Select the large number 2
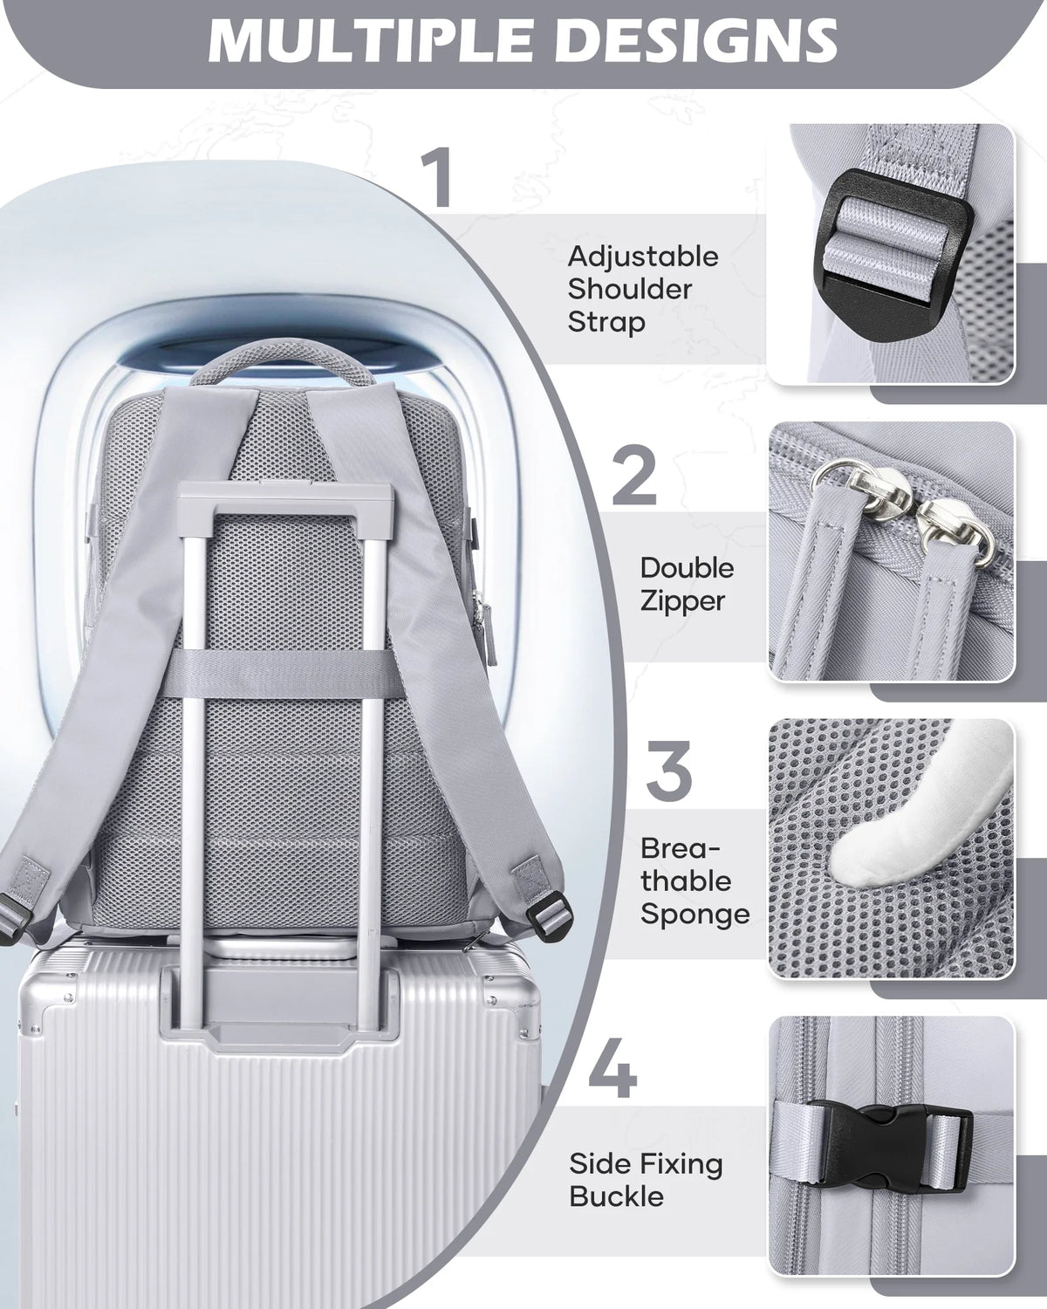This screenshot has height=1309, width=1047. click(633, 476)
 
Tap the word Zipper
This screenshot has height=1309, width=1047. click(682, 601)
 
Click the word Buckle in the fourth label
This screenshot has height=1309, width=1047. click(616, 1196)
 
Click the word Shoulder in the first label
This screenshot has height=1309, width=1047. click(630, 290)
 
